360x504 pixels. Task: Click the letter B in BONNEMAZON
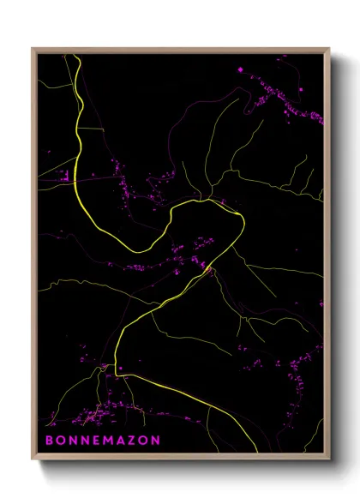[x=49, y=440]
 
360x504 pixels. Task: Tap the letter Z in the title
[x=128, y=440]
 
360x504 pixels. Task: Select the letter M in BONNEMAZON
[x=101, y=440]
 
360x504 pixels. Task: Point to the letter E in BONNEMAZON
[x=89, y=440]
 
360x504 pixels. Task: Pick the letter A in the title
[x=116, y=440]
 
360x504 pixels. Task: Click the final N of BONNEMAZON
[x=155, y=440]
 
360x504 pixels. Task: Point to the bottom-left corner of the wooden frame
[x=33, y=460]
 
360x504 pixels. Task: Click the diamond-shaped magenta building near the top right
[x=240, y=69]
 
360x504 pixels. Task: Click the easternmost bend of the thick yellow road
[x=244, y=221]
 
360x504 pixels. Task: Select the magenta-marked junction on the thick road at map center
[x=207, y=271]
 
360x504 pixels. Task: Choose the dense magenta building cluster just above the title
[x=94, y=418]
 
